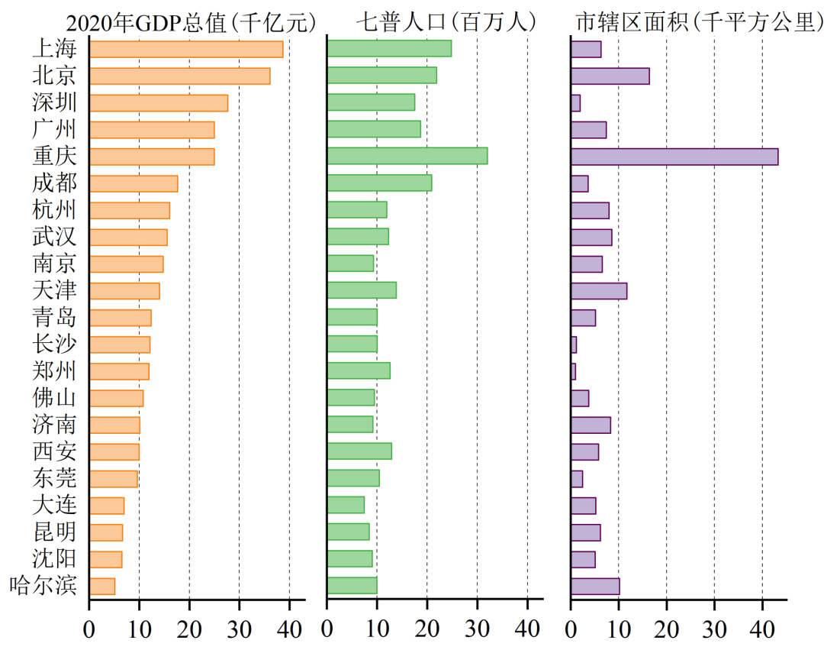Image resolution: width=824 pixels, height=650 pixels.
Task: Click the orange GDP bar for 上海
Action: (185, 49)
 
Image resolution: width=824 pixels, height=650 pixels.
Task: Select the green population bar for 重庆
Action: (407, 156)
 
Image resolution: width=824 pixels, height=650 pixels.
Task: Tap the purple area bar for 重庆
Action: (674, 156)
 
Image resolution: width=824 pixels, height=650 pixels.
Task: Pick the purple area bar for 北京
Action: (610, 76)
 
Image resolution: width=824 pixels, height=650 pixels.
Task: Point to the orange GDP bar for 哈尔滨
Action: (101, 586)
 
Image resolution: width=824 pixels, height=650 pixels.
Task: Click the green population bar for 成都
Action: (379, 183)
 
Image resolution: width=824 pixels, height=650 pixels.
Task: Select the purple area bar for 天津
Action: (598, 290)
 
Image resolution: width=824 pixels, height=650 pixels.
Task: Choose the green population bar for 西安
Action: (359, 451)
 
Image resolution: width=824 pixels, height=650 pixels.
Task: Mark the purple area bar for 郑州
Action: (573, 371)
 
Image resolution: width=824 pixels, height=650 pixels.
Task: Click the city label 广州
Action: (54, 129)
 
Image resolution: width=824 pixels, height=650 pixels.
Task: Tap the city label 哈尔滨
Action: (43, 586)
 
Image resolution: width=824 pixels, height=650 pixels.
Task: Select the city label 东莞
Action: (54, 478)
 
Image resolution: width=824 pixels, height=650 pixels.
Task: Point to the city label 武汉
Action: (54, 237)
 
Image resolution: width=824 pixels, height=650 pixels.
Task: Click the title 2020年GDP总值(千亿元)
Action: (191, 23)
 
